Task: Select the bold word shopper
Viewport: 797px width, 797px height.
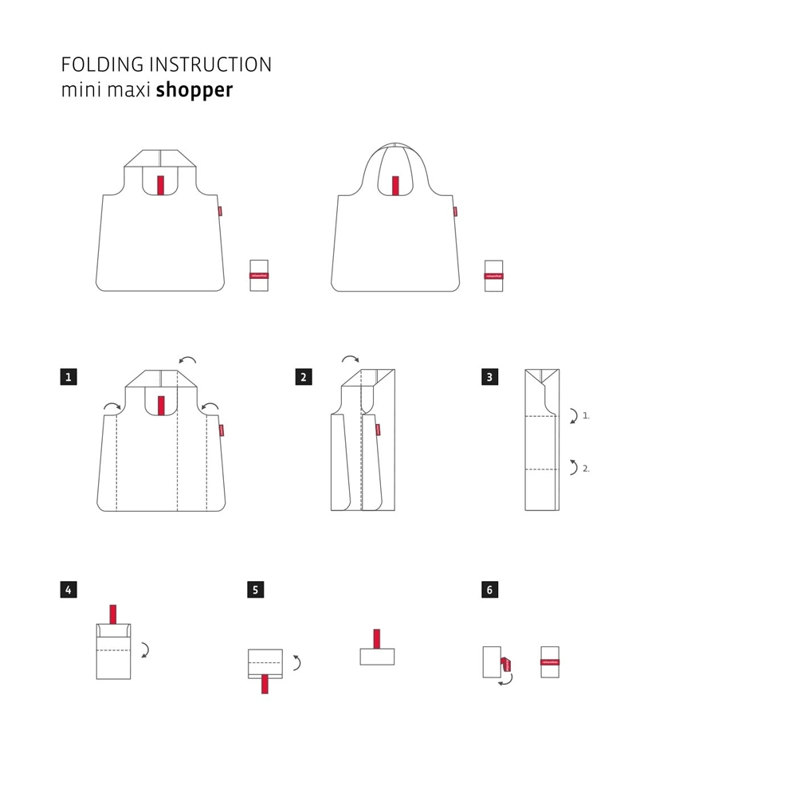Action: coord(194,89)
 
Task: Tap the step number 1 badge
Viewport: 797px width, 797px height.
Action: coord(69,377)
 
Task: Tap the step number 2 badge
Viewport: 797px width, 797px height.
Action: coord(303,377)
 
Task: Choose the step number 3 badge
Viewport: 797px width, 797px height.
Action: coord(490,377)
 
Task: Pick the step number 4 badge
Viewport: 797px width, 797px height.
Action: coord(69,590)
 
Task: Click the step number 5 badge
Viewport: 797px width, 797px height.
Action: coord(255,590)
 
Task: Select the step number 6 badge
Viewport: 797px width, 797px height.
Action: coord(490,590)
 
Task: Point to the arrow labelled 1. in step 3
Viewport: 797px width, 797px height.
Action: coord(573,415)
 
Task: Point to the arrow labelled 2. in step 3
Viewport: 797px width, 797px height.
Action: coord(573,468)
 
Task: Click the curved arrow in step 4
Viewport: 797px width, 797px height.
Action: coord(145,650)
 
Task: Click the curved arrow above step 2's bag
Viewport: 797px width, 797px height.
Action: coord(350,360)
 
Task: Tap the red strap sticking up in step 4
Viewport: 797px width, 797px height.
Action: coord(113,614)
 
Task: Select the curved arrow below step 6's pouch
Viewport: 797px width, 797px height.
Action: coord(505,678)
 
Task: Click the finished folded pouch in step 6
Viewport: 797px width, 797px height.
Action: coord(549,662)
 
